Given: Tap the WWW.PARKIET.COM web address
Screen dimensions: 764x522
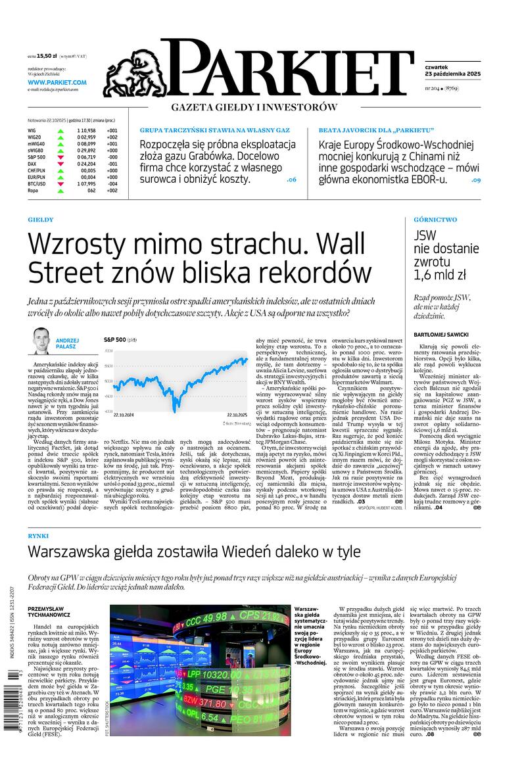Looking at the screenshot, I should pyautogui.click(x=57, y=82).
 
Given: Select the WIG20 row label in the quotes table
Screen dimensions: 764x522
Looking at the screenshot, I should pyautogui.click(x=34, y=137).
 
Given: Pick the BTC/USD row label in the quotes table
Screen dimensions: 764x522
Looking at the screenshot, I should pyautogui.click(x=37, y=183).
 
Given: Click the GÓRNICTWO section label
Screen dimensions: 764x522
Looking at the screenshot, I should pyautogui.click(x=435, y=220).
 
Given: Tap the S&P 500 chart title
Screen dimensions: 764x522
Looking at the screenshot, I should pyautogui.click(x=116, y=339).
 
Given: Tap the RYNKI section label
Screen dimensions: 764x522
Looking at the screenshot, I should pyautogui.click(x=38, y=537).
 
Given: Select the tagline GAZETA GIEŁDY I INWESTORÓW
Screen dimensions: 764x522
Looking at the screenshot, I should pyautogui.click(x=254, y=107).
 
